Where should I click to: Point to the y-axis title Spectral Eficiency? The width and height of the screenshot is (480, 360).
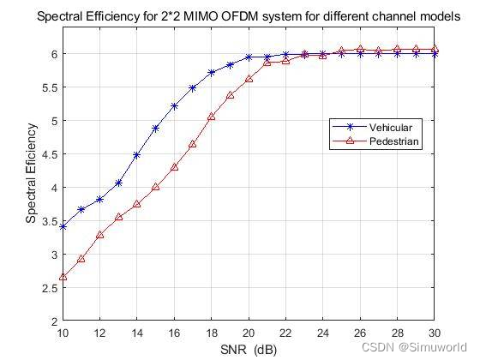(x=31, y=174)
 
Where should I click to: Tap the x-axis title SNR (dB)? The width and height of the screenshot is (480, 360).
(x=249, y=350)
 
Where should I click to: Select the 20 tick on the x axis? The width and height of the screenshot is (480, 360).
(x=249, y=333)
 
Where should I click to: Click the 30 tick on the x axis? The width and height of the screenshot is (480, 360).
(x=435, y=333)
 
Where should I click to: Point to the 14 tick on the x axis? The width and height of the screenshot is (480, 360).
(x=136, y=333)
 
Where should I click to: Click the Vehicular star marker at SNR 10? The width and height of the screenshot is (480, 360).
(x=63, y=226)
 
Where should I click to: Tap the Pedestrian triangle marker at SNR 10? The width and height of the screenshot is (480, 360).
(x=63, y=277)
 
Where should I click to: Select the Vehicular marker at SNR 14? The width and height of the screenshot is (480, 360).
(x=137, y=155)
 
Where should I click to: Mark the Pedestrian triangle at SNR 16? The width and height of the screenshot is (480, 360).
(x=174, y=167)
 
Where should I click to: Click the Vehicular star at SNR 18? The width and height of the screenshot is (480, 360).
(x=212, y=73)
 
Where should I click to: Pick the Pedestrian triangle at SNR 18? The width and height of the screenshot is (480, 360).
(x=212, y=117)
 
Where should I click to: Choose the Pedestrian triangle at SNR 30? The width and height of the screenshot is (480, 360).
(x=435, y=49)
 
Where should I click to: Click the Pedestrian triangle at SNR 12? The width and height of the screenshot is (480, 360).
(x=99, y=235)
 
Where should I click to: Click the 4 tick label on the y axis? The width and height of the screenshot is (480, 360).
(x=53, y=188)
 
